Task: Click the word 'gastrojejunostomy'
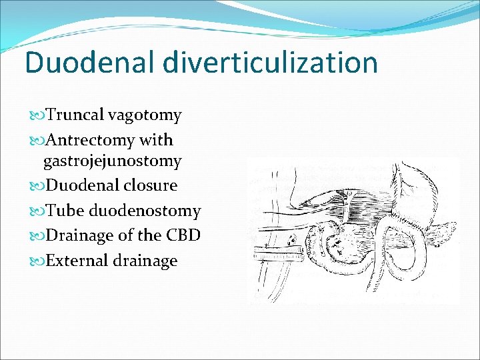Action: pos(112,161)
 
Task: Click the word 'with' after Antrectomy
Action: pos(156,141)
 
